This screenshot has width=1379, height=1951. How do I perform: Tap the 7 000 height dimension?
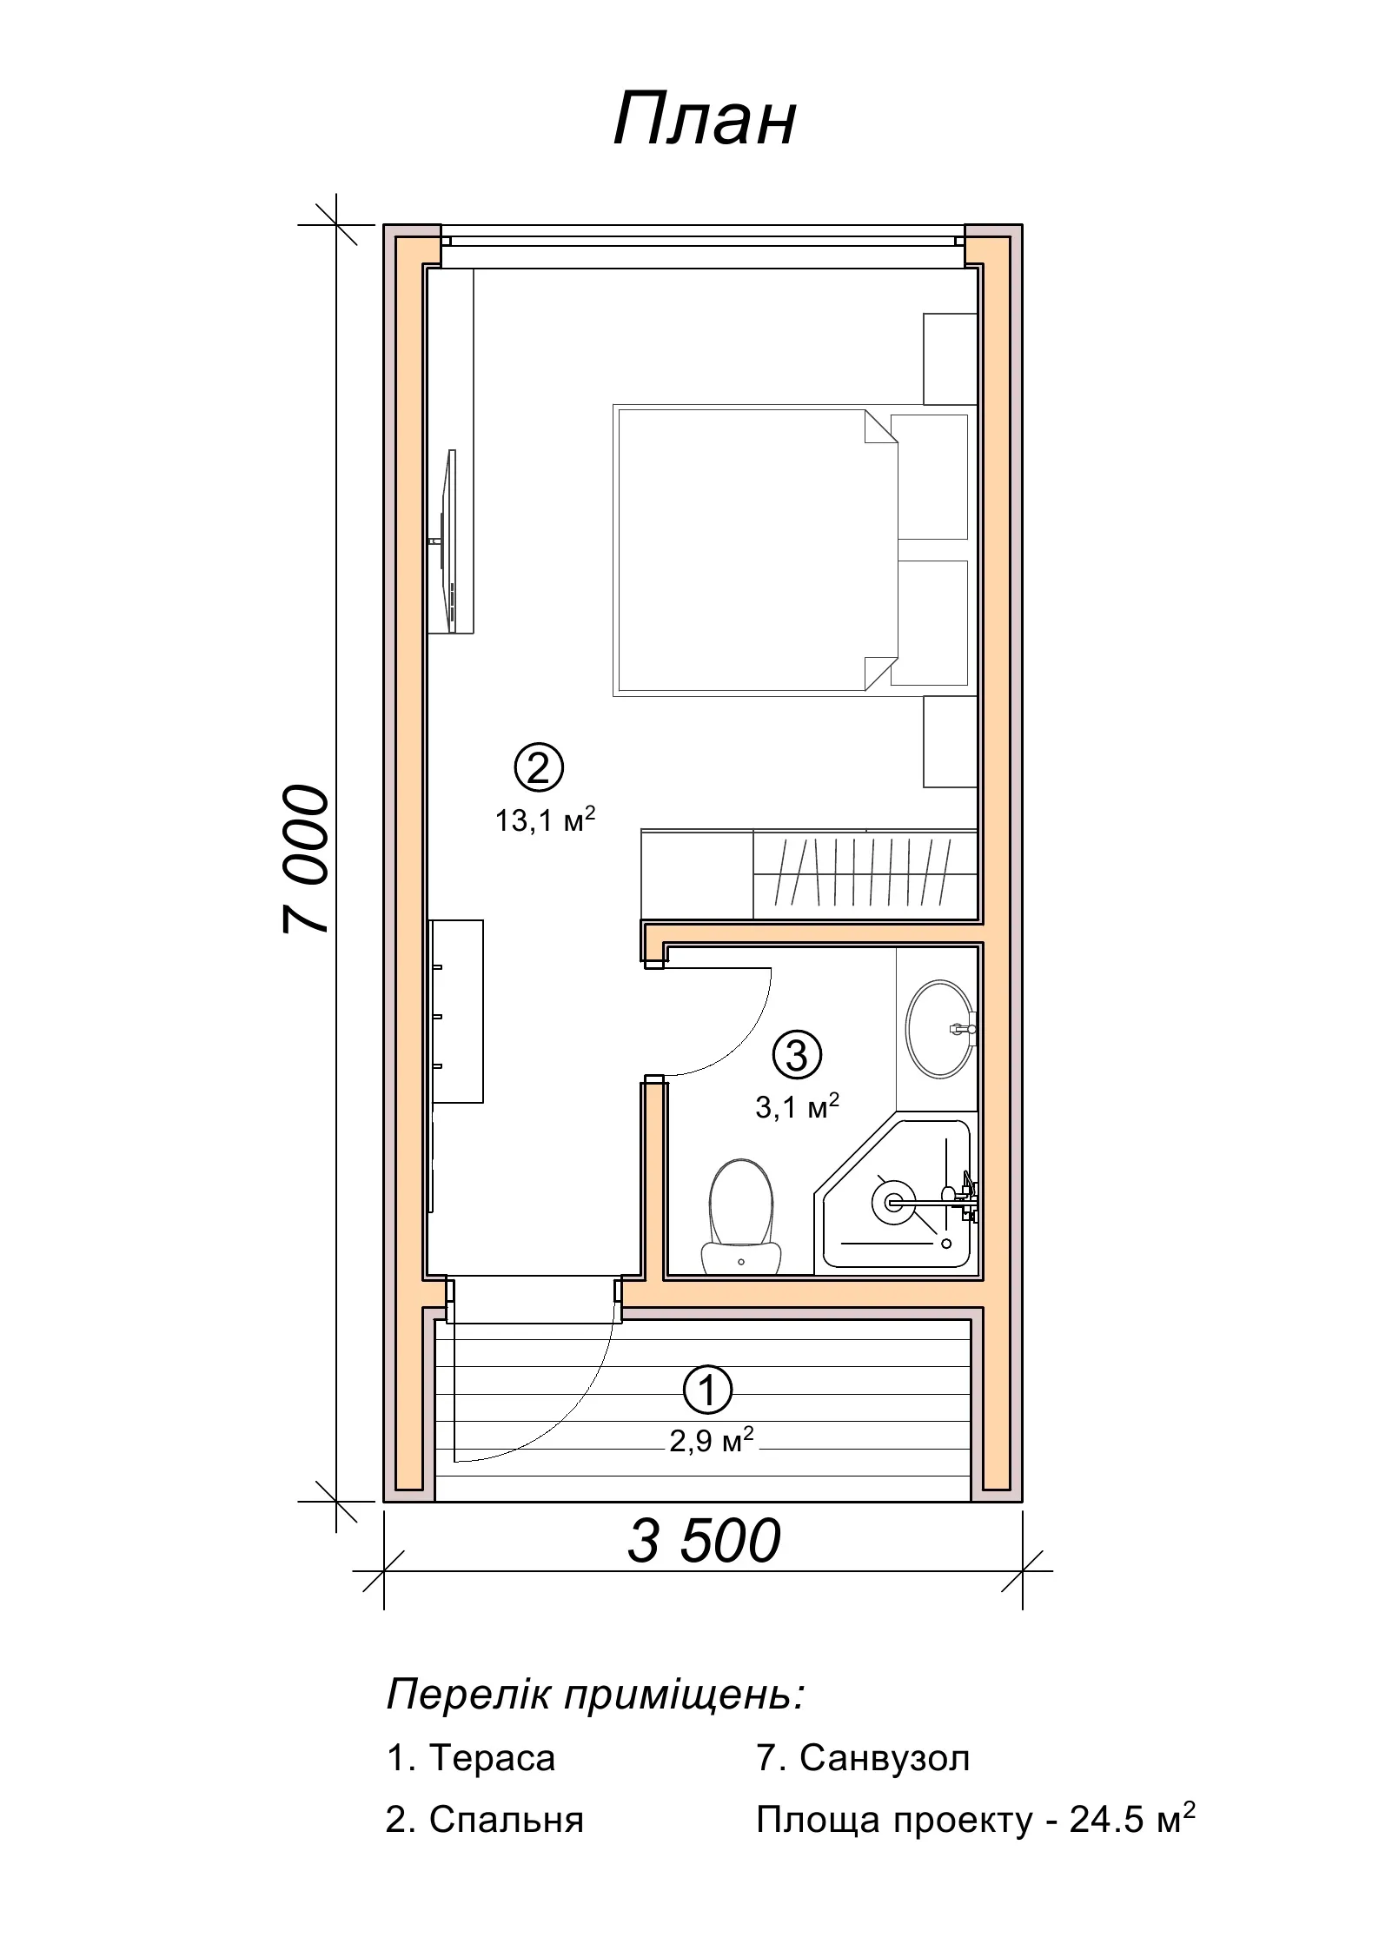307,859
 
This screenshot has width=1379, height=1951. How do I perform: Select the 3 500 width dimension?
704,1542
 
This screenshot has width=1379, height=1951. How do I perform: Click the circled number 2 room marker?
539,767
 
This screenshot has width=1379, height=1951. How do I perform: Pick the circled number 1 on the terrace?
708,1391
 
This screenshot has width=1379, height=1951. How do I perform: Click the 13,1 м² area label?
545,820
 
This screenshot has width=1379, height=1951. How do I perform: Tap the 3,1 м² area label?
797,1106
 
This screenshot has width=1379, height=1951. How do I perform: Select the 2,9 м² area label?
710,1442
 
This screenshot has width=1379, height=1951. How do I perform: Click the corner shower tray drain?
892,1203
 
